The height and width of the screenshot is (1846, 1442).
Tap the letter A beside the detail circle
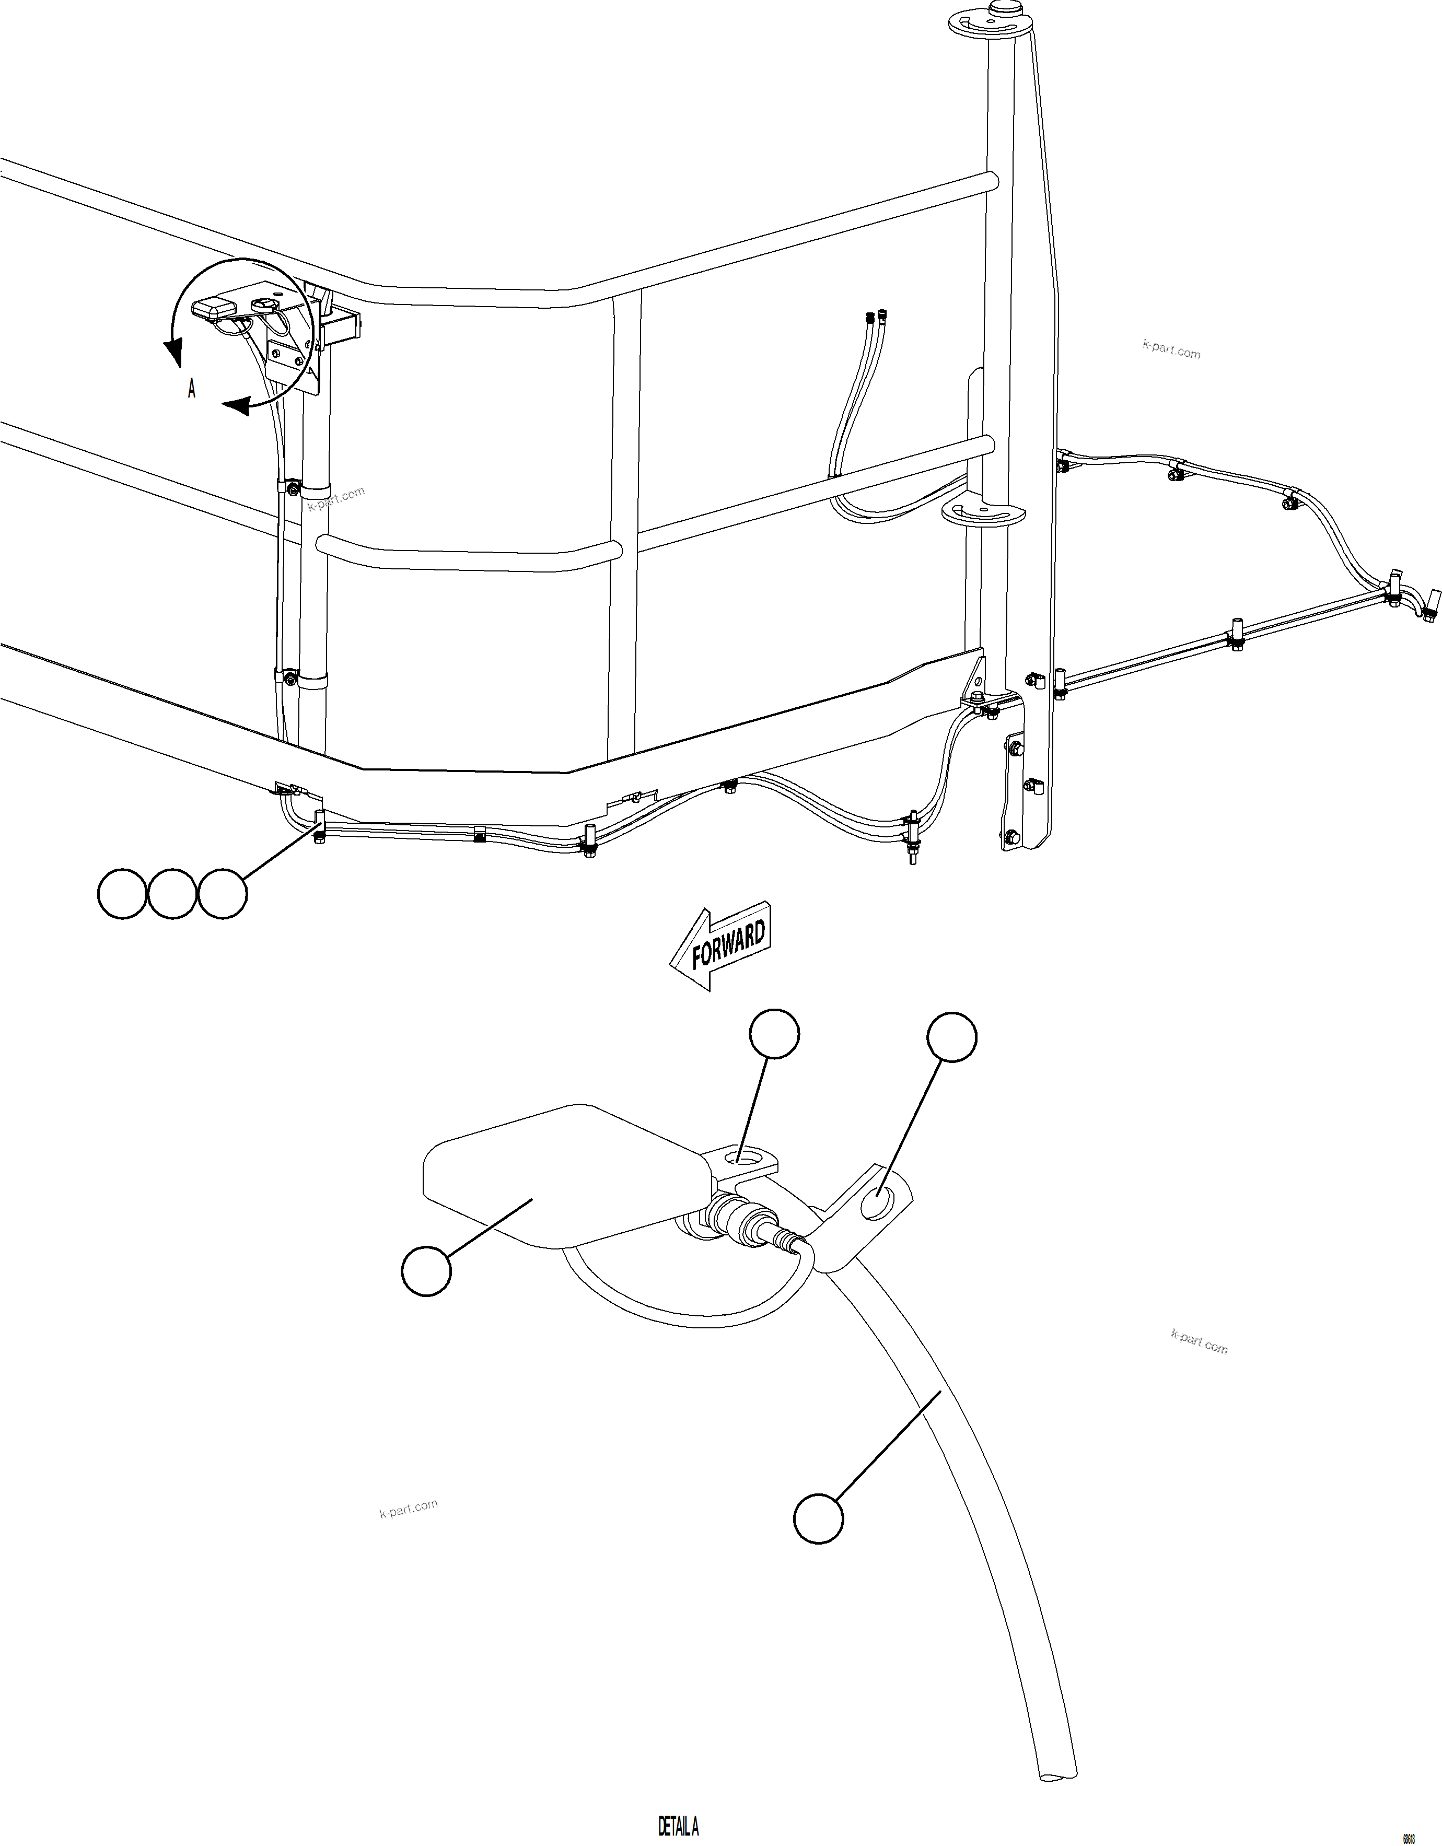192,389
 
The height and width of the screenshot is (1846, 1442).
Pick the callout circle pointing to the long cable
818,1519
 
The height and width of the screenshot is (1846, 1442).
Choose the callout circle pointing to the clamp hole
952,1037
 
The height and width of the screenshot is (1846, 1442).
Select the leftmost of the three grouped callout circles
123,893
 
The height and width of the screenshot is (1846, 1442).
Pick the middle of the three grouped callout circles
172,893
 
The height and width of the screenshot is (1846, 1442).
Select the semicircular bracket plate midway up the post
982,513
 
